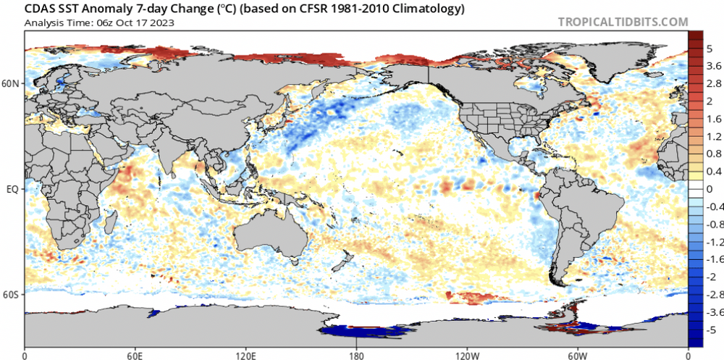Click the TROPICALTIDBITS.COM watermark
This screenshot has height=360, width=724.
(x=623, y=22)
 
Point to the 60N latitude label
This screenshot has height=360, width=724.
(x=12, y=84)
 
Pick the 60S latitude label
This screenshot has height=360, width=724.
(x=12, y=295)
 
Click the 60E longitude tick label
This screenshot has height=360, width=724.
(x=135, y=356)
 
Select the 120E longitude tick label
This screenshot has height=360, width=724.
(x=245, y=356)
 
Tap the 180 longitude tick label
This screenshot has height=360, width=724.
(x=356, y=356)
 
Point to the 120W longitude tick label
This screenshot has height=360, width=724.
(x=467, y=356)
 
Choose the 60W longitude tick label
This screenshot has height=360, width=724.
(x=578, y=356)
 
